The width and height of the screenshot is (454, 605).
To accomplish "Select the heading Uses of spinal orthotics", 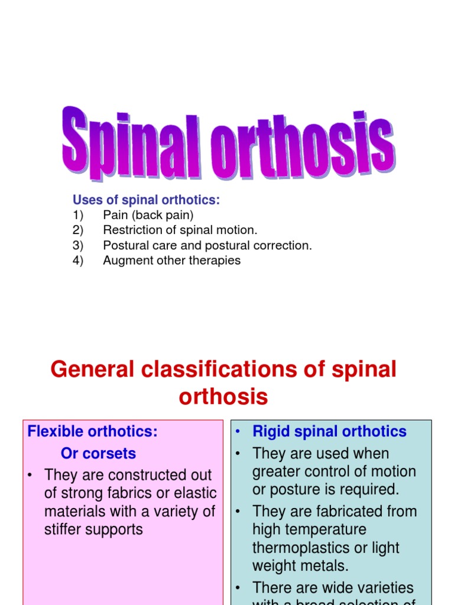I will (x=146, y=200).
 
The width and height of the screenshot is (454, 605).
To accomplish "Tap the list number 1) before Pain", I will (x=78, y=215).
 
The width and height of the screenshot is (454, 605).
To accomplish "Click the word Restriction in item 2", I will (x=132, y=230).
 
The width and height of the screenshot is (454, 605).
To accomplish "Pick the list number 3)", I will (x=78, y=245).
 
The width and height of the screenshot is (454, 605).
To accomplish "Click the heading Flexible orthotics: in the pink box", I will (x=93, y=431).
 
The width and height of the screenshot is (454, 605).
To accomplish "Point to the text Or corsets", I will (x=98, y=453).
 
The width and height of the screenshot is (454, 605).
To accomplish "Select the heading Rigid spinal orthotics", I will (x=329, y=431).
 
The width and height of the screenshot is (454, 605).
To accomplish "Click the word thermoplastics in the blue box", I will (x=299, y=547).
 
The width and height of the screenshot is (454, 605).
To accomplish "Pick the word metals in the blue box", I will (x=325, y=565).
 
